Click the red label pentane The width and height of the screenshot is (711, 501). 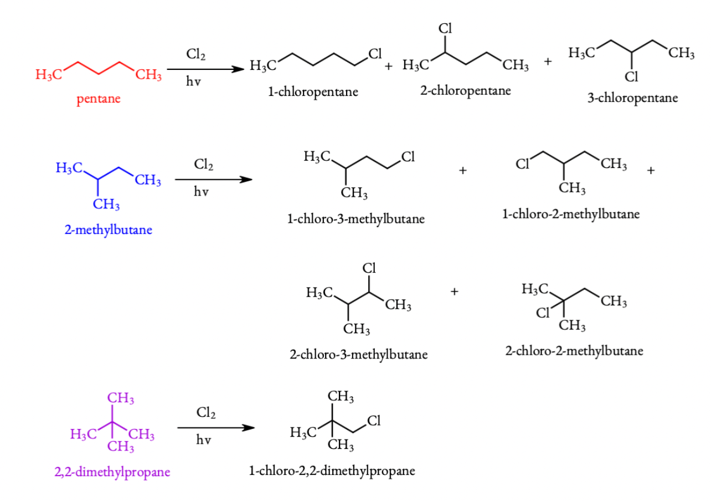[x=99, y=100]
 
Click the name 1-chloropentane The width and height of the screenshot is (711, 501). [x=313, y=92]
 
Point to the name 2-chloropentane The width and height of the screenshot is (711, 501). [x=465, y=91]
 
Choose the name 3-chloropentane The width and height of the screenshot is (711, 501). [x=632, y=98]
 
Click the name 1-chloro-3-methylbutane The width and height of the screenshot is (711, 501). [x=356, y=219]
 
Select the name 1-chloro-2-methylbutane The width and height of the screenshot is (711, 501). [x=571, y=214]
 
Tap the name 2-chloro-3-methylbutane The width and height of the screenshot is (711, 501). [x=358, y=354]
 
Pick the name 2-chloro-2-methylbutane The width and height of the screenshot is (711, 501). [x=574, y=351]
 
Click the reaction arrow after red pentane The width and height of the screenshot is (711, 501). [x=205, y=69]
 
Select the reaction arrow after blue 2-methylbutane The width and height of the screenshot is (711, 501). [x=213, y=180]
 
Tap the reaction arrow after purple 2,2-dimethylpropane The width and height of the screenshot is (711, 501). [x=216, y=428]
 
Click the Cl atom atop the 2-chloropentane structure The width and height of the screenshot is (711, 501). [x=446, y=28]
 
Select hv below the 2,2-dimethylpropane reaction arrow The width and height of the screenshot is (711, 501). [x=203, y=442]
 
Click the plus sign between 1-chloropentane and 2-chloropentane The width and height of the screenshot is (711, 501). [x=389, y=67]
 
